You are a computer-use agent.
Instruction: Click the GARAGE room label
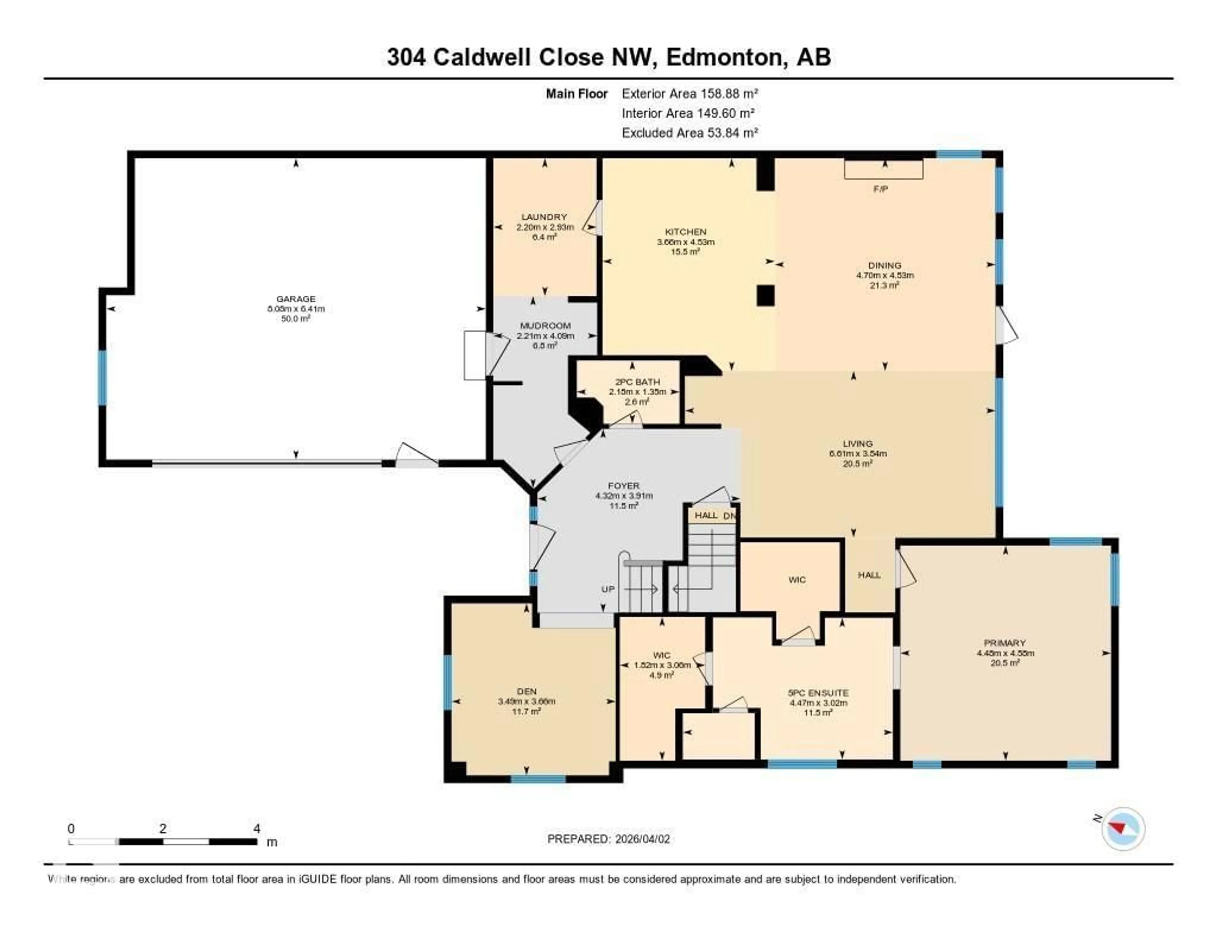click(296, 299)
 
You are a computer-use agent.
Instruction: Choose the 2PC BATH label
click(637, 382)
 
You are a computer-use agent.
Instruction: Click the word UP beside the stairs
click(608, 589)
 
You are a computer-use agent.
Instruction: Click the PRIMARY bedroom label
click(1005, 642)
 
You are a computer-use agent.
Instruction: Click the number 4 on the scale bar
click(257, 828)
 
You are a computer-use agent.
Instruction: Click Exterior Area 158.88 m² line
click(690, 93)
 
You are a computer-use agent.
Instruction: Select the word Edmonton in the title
click(724, 57)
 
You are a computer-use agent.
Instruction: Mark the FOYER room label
click(623, 486)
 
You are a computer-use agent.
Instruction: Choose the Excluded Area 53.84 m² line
click(690, 132)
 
